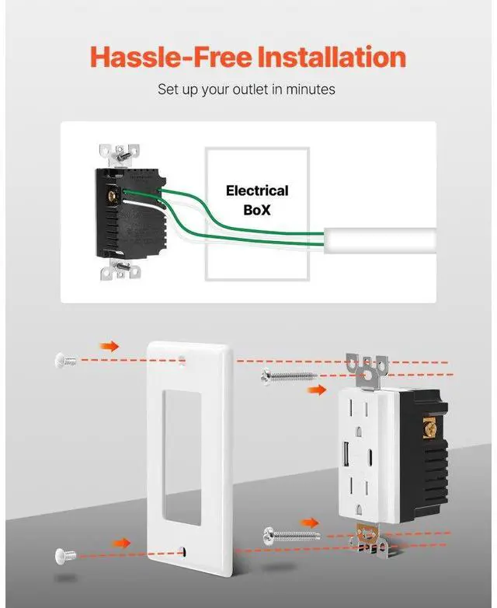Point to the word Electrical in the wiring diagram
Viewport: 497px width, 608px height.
tap(256, 190)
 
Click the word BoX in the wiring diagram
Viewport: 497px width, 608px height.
tap(256, 209)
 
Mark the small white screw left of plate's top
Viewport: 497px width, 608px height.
tap(65, 359)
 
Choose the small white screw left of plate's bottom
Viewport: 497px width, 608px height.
tap(65, 554)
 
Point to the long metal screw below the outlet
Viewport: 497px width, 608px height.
tap(292, 534)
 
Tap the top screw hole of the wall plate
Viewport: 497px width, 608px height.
tap(183, 360)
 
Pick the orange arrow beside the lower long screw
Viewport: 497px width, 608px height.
tap(310, 522)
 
